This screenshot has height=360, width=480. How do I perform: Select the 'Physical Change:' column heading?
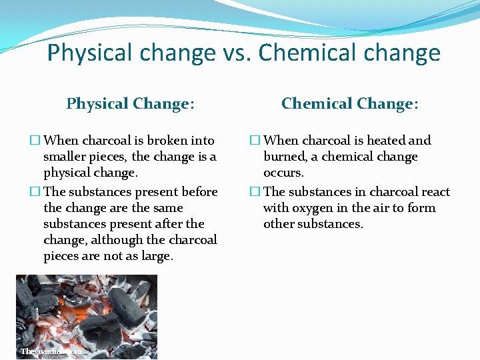pos(131,103)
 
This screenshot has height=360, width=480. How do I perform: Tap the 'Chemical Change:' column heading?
pos(350,103)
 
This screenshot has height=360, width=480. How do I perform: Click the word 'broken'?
pos(168,141)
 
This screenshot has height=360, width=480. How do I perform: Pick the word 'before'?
pos(199,192)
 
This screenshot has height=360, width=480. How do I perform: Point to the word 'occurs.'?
pos(283,173)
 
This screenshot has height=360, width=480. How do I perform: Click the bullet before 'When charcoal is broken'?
pos(35,141)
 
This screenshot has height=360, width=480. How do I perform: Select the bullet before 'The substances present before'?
pos(35,192)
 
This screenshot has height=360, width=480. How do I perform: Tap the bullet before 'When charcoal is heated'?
pos(255,141)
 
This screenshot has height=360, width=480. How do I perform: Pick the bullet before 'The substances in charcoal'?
pos(255,192)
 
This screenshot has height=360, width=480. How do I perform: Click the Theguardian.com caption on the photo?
pos(51,351)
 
